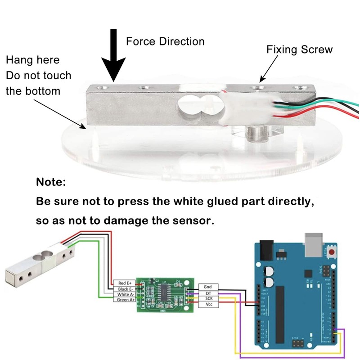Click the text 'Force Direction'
[x=165, y=41]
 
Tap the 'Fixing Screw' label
[x=299, y=49]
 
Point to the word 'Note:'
[x=51, y=183]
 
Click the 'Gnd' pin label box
[x=207, y=287]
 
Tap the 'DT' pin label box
[x=207, y=292]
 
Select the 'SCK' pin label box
[x=207, y=298]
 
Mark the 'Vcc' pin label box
[x=207, y=304]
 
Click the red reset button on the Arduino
[x=333, y=250]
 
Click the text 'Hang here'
[x=32, y=60]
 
